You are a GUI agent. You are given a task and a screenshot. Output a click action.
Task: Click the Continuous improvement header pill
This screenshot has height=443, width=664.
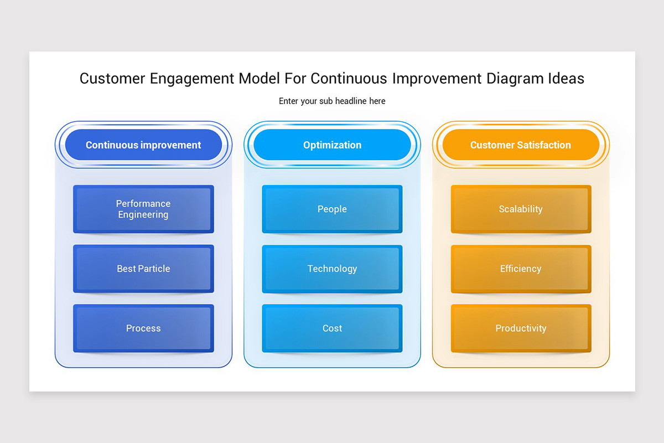point(143,145)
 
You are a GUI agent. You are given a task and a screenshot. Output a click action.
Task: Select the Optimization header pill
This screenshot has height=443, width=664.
point(332,145)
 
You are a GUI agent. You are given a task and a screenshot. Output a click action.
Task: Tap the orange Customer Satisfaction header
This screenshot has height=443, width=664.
point(521,145)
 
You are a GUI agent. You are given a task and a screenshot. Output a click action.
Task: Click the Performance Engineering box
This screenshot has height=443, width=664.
point(143,209)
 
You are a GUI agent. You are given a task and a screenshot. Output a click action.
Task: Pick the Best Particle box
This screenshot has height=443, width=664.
point(143,269)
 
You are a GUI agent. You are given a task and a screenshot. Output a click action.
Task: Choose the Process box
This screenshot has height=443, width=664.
point(143,328)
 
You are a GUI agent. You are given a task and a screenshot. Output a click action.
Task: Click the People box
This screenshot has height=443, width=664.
point(332,209)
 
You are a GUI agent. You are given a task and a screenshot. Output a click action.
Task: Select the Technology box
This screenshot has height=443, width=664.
point(332,269)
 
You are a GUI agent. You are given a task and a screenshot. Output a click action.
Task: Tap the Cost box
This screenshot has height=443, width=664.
point(332,328)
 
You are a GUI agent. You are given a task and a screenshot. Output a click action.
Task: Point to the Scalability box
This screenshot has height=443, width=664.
point(521,209)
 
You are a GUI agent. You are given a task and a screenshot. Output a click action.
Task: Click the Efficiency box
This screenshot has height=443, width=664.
point(521,269)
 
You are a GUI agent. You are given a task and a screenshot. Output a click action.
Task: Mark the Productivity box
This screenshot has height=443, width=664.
point(521,328)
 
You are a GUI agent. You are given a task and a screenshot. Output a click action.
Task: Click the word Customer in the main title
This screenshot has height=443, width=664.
point(112,79)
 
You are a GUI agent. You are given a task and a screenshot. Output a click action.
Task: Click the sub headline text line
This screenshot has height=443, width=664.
point(332,101)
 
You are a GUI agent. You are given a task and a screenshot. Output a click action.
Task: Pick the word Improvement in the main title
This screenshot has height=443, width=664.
point(437,79)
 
